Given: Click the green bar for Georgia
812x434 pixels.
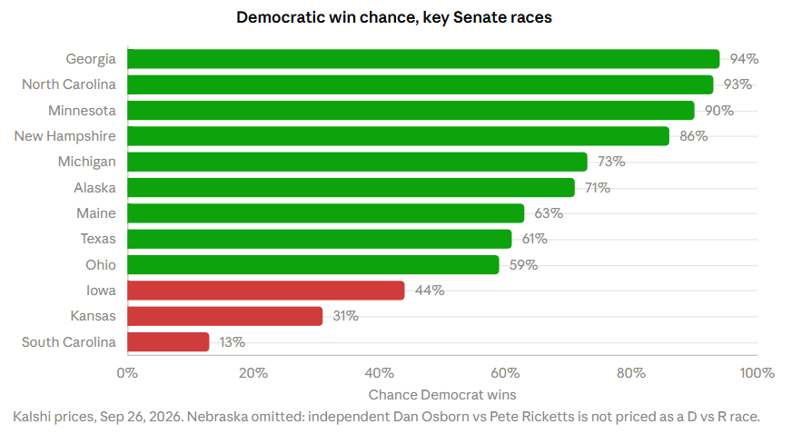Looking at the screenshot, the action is tap(423, 59).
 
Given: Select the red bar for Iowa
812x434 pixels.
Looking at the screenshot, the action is tap(265, 291).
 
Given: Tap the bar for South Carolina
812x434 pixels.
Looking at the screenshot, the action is tap(168, 341).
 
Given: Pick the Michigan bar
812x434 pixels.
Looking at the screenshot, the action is tap(357, 163).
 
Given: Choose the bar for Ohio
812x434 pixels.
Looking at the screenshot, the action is tap(313, 264).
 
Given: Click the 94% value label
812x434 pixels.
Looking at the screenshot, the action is tap(744, 59).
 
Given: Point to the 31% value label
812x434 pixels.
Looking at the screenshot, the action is tap(345, 316).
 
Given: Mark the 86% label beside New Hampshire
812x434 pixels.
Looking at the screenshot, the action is tap(693, 136).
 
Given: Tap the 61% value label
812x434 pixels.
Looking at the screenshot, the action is tap(534, 239).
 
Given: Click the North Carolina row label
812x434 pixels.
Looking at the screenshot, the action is tap(69, 84).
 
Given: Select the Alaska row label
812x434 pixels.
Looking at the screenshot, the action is tap(94, 187).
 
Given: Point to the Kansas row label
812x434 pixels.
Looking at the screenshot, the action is tap(94, 316).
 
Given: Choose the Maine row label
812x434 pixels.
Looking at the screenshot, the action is tap(96, 213).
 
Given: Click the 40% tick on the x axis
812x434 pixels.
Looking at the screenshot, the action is tap(379, 373).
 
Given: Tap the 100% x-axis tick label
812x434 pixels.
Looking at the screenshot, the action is tap(758, 373).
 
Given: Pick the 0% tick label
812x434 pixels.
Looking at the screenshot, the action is tap(127, 373).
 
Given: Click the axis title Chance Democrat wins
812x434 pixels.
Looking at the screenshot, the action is tap(442, 395).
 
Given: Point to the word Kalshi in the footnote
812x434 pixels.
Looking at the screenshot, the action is tap(31, 417).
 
